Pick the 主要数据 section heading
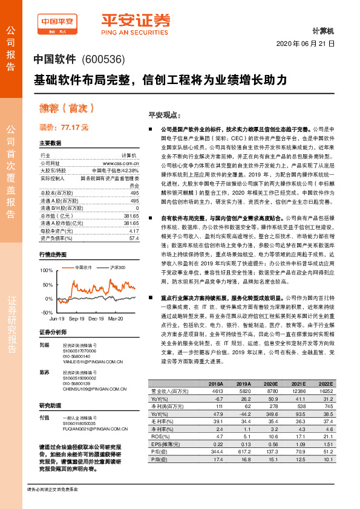[51, 144]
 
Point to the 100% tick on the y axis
[46, 270]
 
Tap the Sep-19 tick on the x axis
[76, 317]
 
